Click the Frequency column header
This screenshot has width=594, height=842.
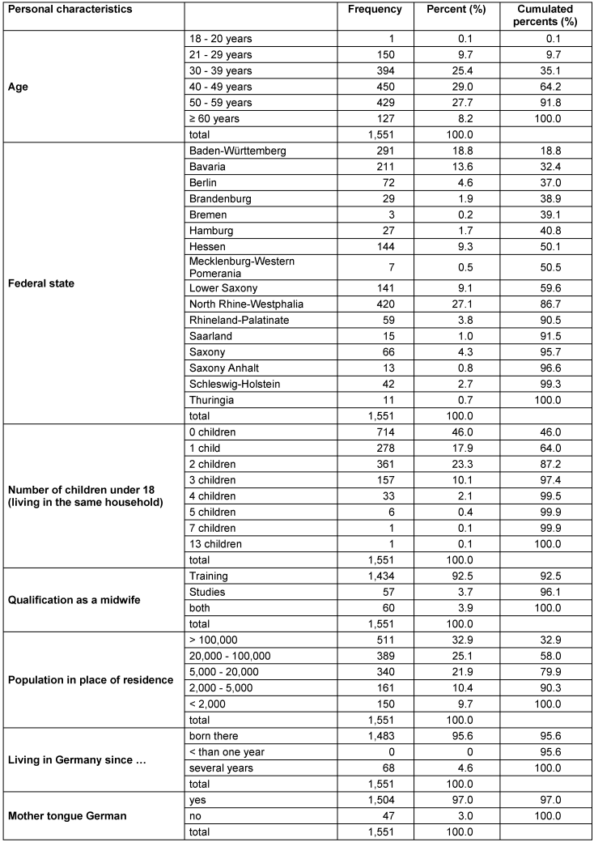pyautogui.click(x=374, y=9)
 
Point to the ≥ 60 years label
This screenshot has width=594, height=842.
pyautogui.click(x=211, y=118)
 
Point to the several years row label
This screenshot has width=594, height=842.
pyautogui.click(x=217, y=768)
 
